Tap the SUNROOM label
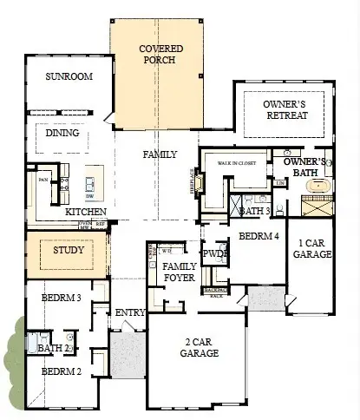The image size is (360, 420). click(69, 76)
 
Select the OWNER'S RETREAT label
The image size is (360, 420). click(285, 109)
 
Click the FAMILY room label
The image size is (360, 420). click(160, 154)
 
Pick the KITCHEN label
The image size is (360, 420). click(86, 212)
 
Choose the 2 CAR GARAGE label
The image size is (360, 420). click(199, 347)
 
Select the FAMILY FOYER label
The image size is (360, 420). click(179, 272)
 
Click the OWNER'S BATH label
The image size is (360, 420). click(304, 167)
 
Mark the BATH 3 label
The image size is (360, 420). click(255, 211)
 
